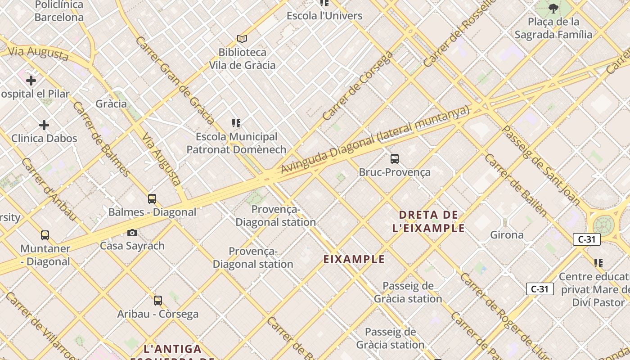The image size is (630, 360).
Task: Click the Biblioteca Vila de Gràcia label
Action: [x=242, y=58]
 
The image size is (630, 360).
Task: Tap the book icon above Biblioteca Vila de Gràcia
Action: [x=242, y=39]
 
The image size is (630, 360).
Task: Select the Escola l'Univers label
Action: [x=324, y=16]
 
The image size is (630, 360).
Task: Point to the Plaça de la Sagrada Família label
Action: [x=553, y=28]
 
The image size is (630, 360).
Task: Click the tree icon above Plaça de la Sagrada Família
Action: [x=553, y=8]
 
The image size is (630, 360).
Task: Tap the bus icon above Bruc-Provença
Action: [x=395, y=158]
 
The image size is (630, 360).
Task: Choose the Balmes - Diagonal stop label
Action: [x=152, y=212]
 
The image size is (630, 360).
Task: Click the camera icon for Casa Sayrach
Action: [x=132, y=233]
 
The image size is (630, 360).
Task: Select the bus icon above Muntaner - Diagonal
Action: [x=45, y=235]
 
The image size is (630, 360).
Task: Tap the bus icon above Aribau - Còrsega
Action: [x=158, y=300]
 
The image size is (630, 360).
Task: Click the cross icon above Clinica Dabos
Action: [x=44, y=125]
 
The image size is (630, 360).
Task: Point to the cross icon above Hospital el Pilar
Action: [x=31, y=81]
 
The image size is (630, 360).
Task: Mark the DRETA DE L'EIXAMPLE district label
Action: [x=428, y=221]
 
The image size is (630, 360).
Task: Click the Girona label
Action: [x=507, y=235]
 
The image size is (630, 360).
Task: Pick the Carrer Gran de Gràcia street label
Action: [x=175, y=80]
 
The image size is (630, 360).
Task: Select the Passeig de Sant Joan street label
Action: [x=540, y=165]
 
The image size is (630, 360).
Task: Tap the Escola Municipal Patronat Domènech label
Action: [x=236, y=143]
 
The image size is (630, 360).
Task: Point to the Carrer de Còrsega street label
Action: [x=358, y=86]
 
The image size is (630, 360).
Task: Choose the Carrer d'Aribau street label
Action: [x=49, y=189]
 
